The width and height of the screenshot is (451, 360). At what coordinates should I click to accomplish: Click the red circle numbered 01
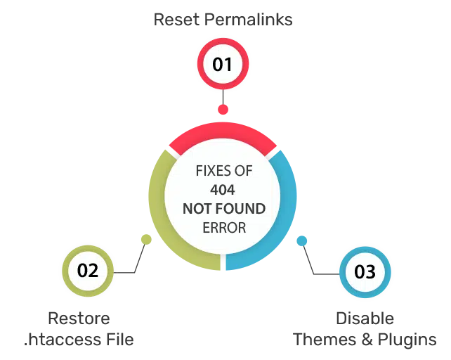pos(222,65)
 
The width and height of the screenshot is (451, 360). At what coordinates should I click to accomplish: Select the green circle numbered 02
pos(88,270)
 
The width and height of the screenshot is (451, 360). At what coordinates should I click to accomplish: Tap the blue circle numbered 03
pos(365,271)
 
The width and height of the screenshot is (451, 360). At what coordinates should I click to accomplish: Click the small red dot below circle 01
pos(223,110)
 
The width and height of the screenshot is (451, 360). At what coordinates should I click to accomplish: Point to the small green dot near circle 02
pos(146,238)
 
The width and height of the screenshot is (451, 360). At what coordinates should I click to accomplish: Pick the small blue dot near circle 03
pos(302,239)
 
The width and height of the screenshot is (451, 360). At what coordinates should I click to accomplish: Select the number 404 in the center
pos(224,190)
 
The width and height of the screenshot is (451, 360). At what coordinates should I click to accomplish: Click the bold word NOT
pos(197,209)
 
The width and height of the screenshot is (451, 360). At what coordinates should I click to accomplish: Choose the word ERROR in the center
pos(224,228)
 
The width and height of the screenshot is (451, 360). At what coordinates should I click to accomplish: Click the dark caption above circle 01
pos(222,20)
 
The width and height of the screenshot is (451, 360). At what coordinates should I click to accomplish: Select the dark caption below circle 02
pos(78,330)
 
